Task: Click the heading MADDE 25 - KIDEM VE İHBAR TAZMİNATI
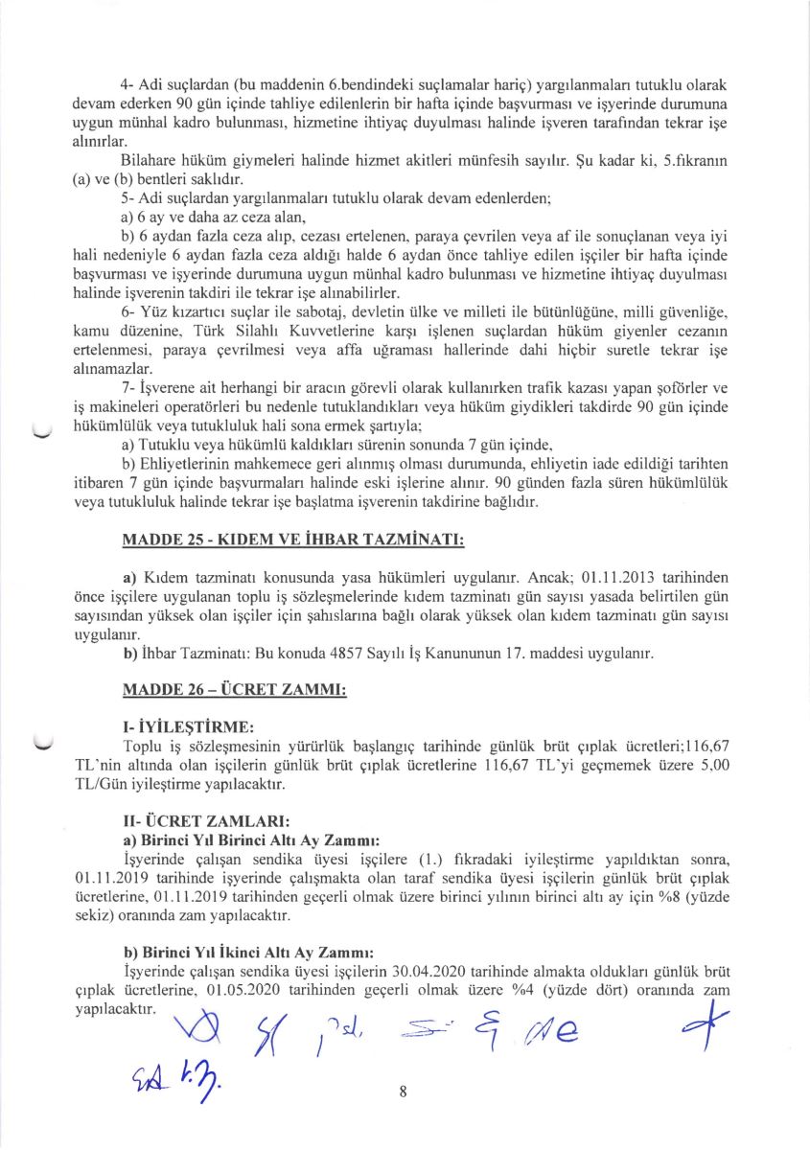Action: click(x=293, y=541)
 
